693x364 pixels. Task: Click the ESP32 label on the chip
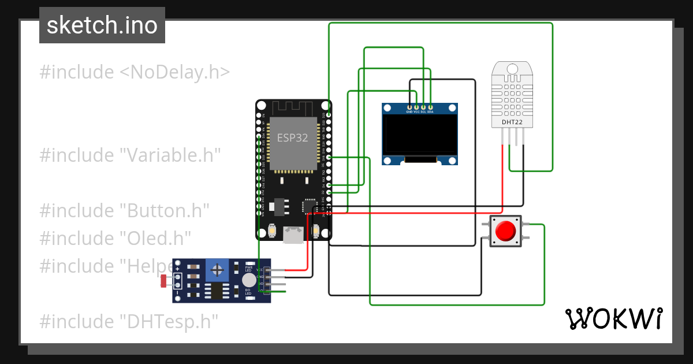(x=292, y=138)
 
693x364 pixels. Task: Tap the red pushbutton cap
(x=506, y=231)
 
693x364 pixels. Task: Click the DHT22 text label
(x=512, y=122)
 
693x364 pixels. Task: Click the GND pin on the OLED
(x=410, y=107)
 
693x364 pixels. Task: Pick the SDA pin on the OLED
(x=431, y=107)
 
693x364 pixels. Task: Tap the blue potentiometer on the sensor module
(x=218, y=270)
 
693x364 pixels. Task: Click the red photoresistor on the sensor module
(x=163, y=281)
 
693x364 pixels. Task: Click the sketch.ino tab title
(x=102, y=25)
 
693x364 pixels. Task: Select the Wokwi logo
(x=613, y=319)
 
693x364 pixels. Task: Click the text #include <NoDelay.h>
(x=135, y=72)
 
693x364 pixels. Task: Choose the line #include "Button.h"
(x=124, y=210)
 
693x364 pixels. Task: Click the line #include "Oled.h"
(x=115, y=238)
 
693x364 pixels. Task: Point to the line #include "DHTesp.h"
(x=129, y=321)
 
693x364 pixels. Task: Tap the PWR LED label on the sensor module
(x=249, y=269)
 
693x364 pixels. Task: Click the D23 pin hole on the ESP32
(x=329, y=116)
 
